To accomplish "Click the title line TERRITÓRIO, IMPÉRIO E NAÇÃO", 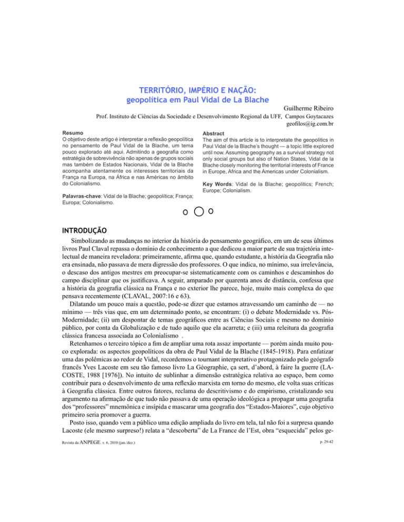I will click(x=202, y=89).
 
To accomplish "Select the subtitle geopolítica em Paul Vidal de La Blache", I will click(x=202, y=99).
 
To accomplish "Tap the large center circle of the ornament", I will click(x=200, y=213).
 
